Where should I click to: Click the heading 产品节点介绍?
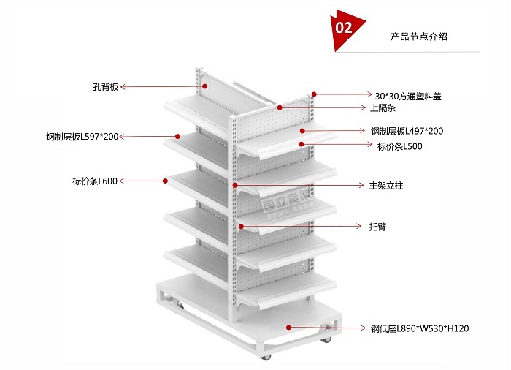tap(419, 36)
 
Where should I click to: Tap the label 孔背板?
tap(105, 87)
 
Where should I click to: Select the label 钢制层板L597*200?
tap(81, 137)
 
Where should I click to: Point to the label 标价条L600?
tap(95, 181)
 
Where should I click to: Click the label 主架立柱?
tap(386, 186)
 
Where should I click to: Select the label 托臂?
tap(377, 227)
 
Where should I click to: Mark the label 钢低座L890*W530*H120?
tap(419, 328)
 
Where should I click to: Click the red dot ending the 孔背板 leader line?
tap(205, 86)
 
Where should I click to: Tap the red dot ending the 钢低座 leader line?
tap(288, 328)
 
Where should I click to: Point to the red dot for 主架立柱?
tap(234, 186)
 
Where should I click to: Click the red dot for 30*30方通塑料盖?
tap(314, 94)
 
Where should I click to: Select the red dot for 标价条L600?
tap(164, 181)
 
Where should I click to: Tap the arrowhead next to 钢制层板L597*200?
tap(122, 137)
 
